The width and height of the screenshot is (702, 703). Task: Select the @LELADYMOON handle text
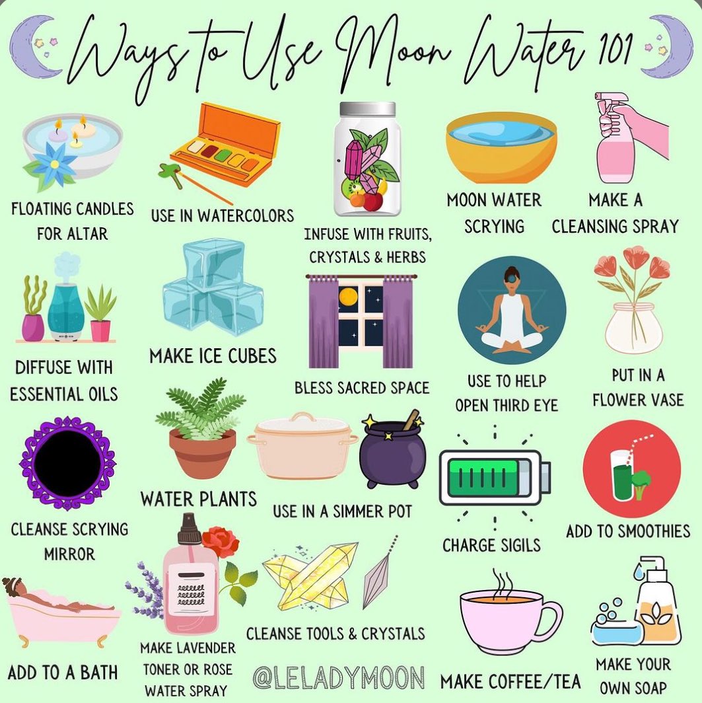pos(339,677)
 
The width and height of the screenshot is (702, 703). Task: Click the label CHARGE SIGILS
pos(491,546)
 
